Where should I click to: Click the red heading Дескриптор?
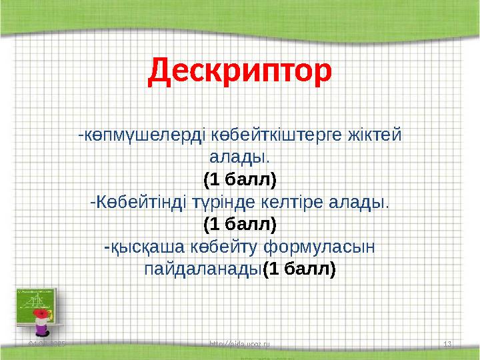pos(239,71)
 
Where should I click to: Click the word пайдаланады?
pos(203,269)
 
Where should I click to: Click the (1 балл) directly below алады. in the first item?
pos(239,179)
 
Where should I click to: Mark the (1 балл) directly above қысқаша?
pos(239,223)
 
